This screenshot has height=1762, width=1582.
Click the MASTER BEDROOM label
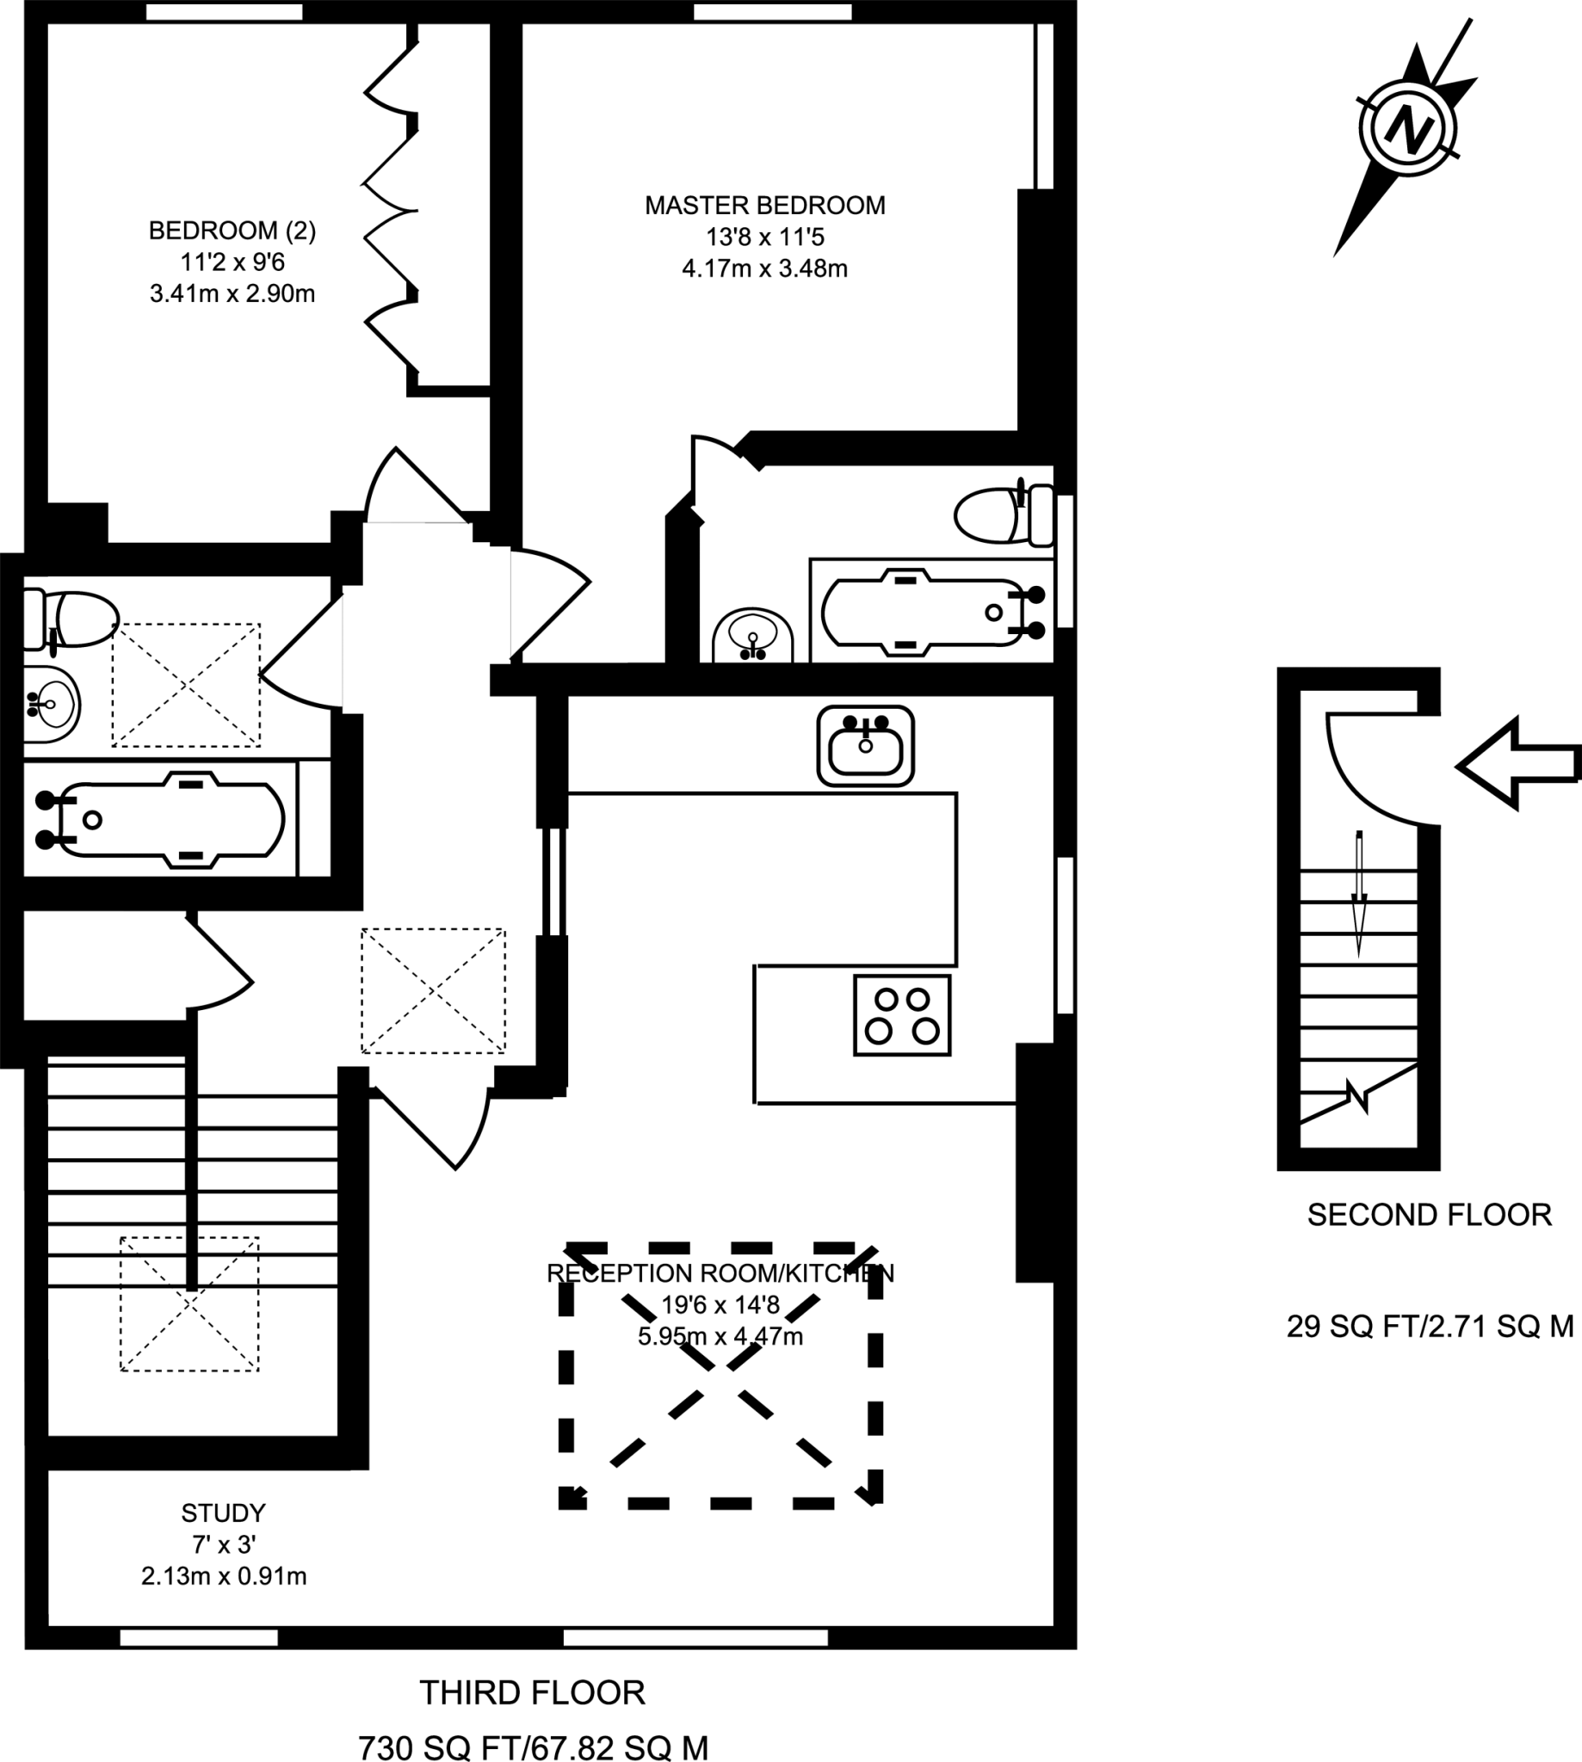765,206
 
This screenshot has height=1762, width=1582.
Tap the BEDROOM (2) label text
232,231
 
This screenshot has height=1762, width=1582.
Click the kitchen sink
865,746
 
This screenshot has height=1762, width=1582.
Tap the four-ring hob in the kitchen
902,1015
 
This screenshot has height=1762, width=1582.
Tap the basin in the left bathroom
51,705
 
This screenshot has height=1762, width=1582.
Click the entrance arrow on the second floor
1517,763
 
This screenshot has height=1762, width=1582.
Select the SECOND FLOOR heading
1429,1215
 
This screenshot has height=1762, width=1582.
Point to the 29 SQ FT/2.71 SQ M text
1430,1326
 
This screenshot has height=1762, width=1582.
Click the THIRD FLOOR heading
532,1692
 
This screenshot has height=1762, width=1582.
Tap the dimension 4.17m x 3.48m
765,268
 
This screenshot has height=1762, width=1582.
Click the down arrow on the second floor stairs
1358,895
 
